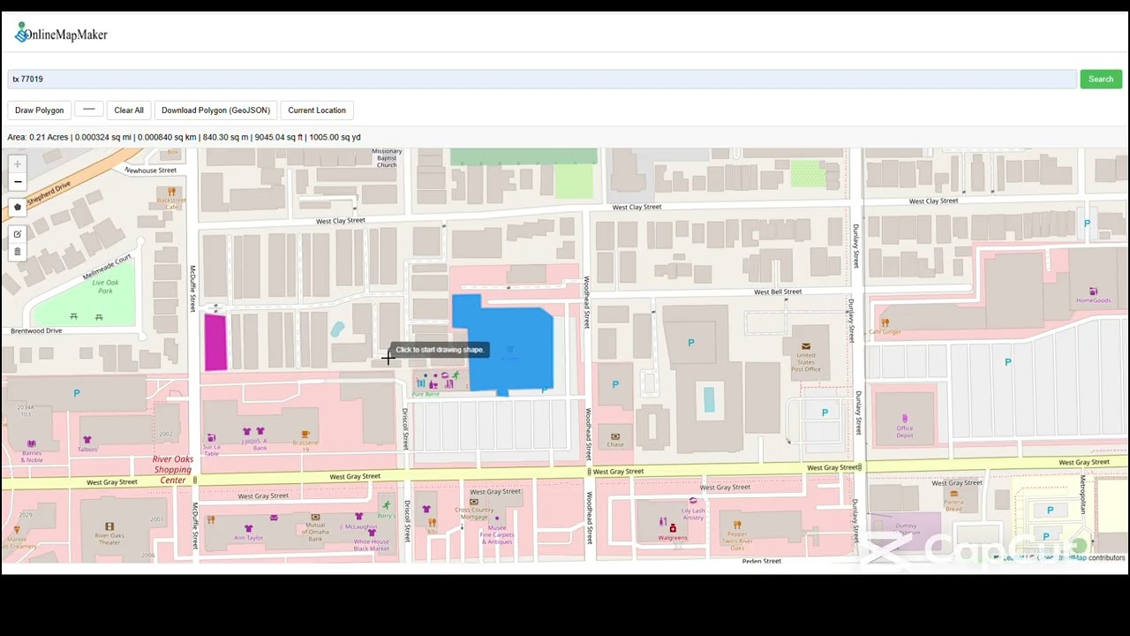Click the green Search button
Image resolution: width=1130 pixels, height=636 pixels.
coord(1100,79)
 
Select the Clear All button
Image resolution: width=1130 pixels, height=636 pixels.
coord(128,110)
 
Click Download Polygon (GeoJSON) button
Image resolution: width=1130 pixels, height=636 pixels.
coord(215,110)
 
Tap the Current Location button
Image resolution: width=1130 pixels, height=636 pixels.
coord(316,110)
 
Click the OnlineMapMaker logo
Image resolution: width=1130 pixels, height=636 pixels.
coord(61,34)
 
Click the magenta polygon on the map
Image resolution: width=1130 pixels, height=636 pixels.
coord(215,342)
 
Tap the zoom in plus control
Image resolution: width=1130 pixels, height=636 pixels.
coord(17,164)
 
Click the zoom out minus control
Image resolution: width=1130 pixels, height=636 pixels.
coord(17,182)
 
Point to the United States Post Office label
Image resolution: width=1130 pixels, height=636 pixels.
coord(805,362)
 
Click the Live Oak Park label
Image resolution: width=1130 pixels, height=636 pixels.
coord(105,286)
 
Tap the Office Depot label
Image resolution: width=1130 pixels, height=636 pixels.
coord(904,432)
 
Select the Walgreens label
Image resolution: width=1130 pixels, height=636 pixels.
coord(673,537)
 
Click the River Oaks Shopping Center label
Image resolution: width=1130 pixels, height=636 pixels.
coord(172,470)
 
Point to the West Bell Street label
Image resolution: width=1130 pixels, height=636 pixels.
coord(777,291)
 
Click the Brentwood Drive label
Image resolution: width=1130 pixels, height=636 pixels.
coord(36,331)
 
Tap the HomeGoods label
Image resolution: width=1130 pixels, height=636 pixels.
coord(1093,300)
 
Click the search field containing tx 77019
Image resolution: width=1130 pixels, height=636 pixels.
coord(542,79)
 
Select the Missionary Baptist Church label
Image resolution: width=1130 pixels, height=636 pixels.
coord(387,158)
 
